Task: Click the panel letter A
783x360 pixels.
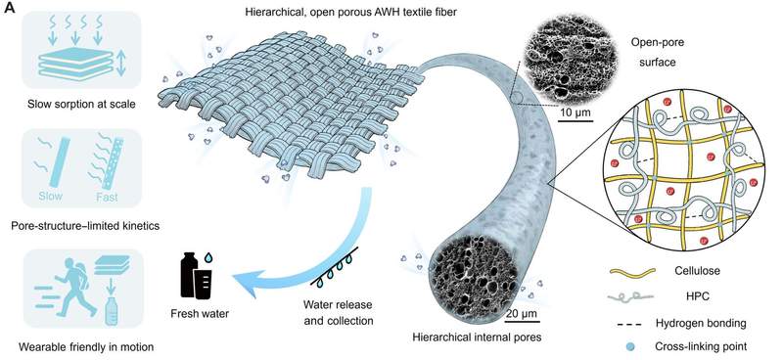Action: [x=10, y=10]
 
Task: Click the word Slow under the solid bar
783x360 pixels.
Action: [x=51, y=196]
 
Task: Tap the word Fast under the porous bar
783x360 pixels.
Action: [x=107, y=197]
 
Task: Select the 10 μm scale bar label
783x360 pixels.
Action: [x=575, y=111]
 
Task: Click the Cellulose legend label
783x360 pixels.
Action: [x=691, y=271]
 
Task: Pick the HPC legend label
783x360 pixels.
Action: [x=691, y=296]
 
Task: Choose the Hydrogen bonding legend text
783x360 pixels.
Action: [x=701, y=323]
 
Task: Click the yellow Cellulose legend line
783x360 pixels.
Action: [x=631, y=272]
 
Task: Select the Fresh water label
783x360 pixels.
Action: [x=200, y=314]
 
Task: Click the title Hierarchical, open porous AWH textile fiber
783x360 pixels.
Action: [x=351, y=12]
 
